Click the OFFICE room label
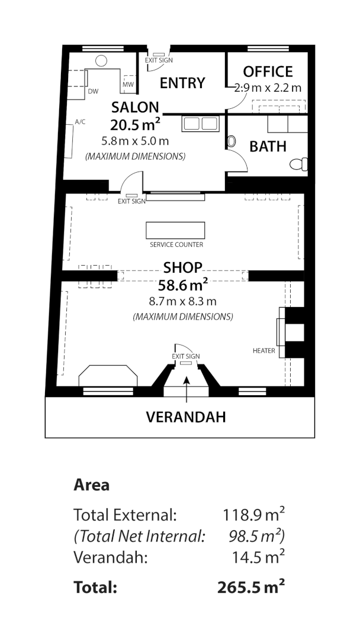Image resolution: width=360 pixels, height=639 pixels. coord(268,72)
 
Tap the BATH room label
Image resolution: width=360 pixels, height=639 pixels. coord(268,146)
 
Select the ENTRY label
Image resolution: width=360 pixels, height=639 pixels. coord(182,83)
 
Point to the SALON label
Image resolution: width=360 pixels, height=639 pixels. coord(136,107)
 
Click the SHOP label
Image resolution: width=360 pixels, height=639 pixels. coord(183,267)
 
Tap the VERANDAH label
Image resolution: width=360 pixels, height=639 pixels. coord(186,417)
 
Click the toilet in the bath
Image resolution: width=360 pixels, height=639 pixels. coord(299,163)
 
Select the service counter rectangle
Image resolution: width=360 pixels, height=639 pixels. coord(175,230)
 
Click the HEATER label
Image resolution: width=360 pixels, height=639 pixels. coord(263,351)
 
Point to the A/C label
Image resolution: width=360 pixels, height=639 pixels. coord(80,122)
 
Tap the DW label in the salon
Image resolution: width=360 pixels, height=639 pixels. coord(92,92)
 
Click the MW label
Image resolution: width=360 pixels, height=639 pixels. coord(128,85)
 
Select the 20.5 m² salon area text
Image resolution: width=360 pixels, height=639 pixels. coord(136,125)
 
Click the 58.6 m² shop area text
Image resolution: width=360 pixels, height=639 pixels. coord(182,285)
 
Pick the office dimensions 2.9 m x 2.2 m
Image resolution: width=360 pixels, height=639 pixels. coord(268,88)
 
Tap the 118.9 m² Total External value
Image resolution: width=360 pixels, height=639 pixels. coord(253,514)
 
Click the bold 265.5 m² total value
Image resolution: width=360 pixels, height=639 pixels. coord(251,587)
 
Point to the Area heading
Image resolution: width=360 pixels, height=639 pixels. coord(91,485)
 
